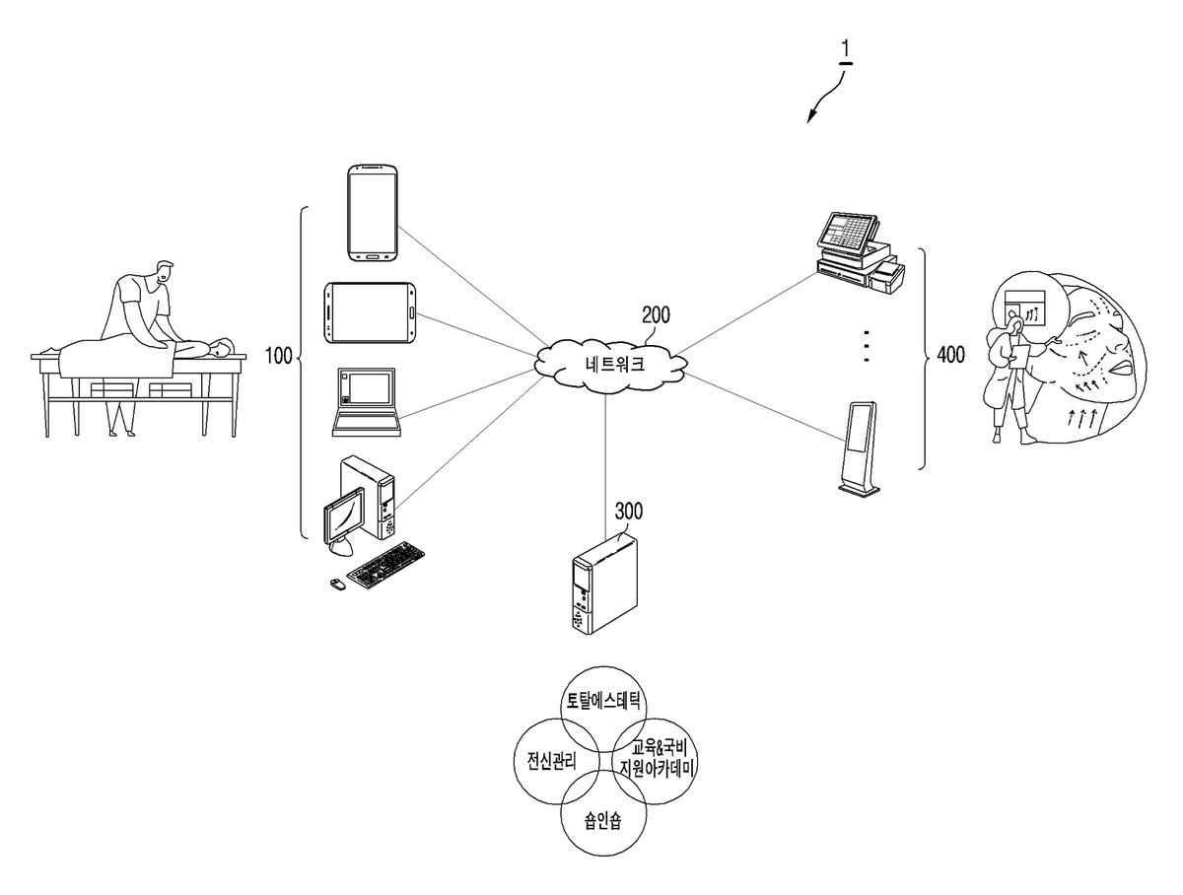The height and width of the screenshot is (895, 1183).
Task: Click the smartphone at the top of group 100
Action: tap(373, 213)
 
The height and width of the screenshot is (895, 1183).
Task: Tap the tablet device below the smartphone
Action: tap(371, 312)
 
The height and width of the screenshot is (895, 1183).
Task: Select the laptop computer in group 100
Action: tap(367, 402)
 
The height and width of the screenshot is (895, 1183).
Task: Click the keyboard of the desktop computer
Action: tap(384, 565)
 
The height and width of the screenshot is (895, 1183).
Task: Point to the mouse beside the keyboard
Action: tap(338, 585)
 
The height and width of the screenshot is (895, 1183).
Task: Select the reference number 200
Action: tap(656, 315)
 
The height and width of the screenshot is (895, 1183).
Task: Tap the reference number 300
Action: tap(628, 511)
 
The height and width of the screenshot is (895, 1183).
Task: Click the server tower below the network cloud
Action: tap(603, 585)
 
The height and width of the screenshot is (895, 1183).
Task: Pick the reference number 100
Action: tap(279, 356)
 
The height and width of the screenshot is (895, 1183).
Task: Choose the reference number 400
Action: tap(951, 355)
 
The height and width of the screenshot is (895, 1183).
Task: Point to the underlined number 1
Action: tap(845, 51)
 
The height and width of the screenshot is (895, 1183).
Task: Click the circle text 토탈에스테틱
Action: tap(603, 701)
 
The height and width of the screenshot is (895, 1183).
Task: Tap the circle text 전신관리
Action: tap(551, 761)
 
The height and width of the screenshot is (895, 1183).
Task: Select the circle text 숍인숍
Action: tap(603, 821)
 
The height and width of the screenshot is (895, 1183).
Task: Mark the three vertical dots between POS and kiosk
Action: tap(867, 345)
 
